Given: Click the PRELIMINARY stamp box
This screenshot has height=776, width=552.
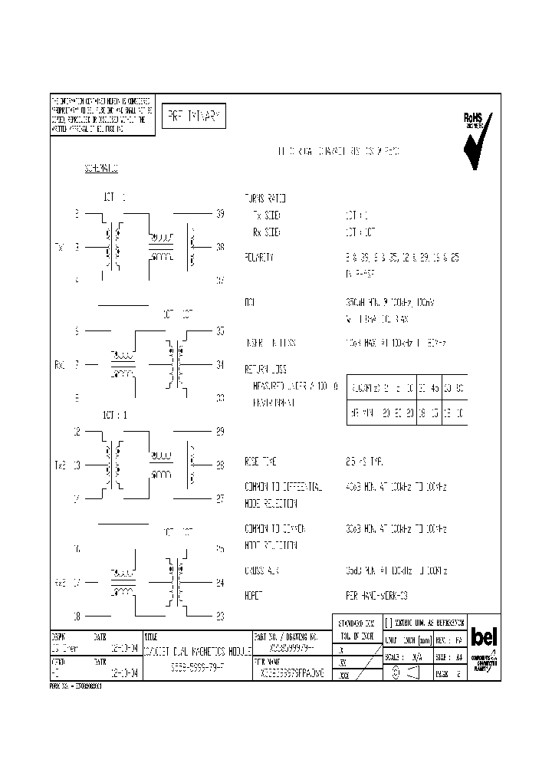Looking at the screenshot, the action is click(x=192, y=117).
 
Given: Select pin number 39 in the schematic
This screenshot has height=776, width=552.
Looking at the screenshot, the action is click(x=220, y=214).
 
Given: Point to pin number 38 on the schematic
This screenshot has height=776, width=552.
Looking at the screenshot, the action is click(x=220, y=247).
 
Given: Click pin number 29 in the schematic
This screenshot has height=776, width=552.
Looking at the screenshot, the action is click(x=220, y=432).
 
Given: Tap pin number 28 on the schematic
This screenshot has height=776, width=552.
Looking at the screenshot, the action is click(x=220, y=465).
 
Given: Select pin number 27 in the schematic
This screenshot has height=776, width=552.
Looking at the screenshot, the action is click(x=220, y=498).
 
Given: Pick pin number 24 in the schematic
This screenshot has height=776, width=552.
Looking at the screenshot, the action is click(x=220, y=583).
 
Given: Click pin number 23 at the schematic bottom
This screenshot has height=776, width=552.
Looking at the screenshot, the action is click(x=220, y=615).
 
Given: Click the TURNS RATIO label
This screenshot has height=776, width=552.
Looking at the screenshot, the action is click(x=264, y=198).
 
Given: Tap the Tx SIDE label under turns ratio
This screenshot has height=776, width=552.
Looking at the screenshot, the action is click(x=266, y=215).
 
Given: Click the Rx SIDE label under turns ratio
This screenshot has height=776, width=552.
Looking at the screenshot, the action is click(x=266, y=231).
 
